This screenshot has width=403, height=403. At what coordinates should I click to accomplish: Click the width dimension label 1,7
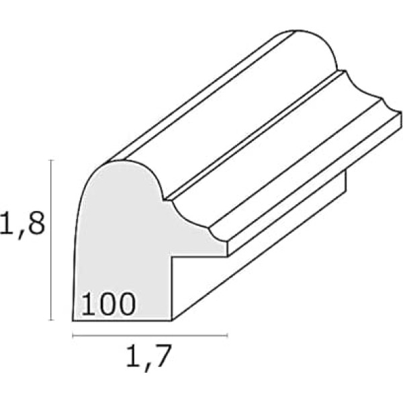148,358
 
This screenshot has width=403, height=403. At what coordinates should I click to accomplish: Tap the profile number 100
108,304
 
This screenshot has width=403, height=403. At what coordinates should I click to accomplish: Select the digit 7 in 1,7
161,355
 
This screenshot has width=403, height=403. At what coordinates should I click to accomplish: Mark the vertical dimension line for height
52,240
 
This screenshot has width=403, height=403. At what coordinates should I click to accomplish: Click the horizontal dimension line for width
150,335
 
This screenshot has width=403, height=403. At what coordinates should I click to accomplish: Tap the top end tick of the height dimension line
52,160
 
